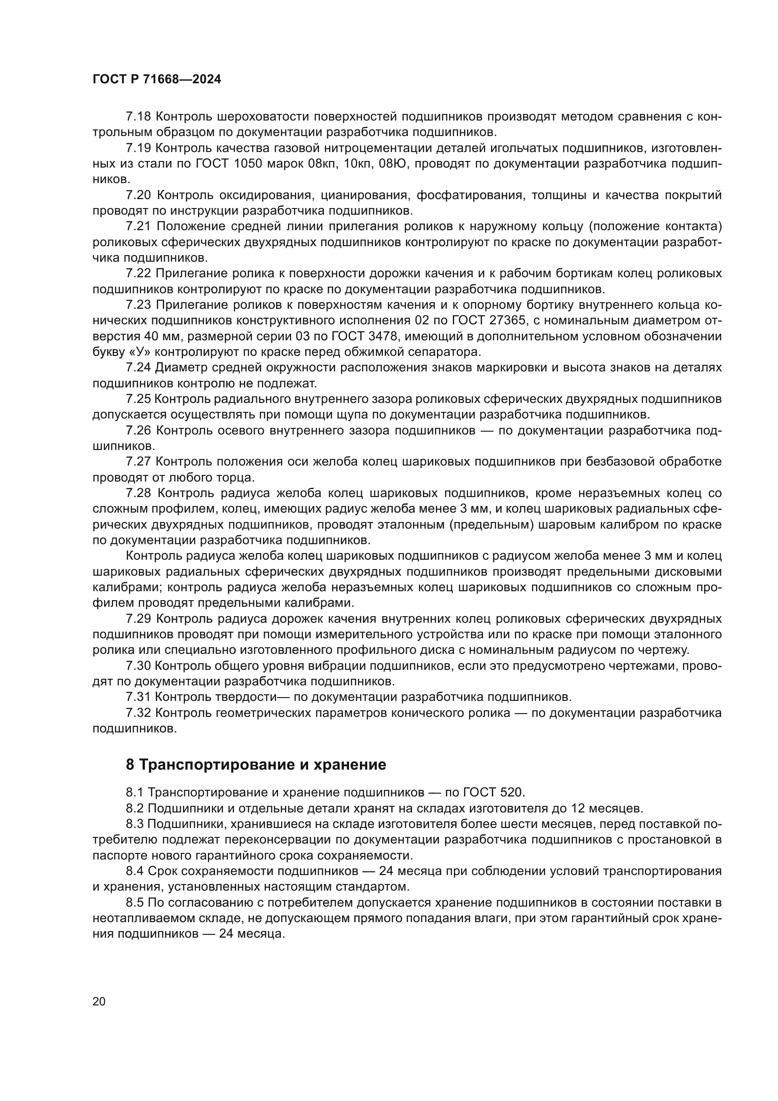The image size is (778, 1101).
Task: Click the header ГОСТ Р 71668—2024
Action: click(157, 80)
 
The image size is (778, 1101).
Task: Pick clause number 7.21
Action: click(138, 226)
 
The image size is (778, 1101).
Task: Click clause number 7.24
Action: click(138, 368)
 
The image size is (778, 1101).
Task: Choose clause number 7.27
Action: click(138, 462)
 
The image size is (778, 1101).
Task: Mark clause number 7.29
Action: click(138, 619)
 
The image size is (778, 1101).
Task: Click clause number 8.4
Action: click(135, 871)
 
